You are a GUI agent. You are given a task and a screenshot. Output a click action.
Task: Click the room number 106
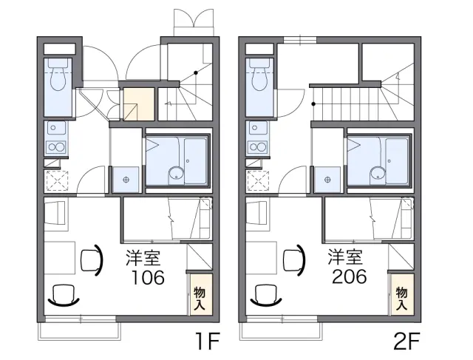click(148, 278)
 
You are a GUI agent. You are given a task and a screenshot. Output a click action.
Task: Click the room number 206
click(350, 276)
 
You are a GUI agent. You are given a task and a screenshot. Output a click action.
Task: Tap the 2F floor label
click(407, 341)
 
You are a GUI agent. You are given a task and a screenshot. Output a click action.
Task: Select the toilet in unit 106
click(58, 75)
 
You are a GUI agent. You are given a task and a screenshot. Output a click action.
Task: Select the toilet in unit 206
click(259, 75)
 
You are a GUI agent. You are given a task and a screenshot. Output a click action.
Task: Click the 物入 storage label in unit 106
click(200, 298)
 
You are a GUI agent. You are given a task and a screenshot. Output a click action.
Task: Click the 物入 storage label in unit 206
click(401, 298)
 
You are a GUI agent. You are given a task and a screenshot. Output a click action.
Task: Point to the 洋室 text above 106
click(143, 257)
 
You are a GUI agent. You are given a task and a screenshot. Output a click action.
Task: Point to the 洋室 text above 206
click(345, 257)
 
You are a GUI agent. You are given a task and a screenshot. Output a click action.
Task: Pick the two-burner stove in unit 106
click(56, 147)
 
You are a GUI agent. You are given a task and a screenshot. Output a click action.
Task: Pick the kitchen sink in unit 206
click(258, 128)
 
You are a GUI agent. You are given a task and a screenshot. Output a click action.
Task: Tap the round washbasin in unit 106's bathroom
click(176, 173)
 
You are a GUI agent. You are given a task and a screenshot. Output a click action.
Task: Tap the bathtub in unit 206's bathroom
click(398, 161)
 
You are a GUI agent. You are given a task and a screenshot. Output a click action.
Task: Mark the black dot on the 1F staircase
click(196, 72)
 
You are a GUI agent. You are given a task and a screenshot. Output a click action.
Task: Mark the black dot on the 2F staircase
click(313, 104)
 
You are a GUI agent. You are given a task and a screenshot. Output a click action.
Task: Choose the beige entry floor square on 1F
click(139, 104)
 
